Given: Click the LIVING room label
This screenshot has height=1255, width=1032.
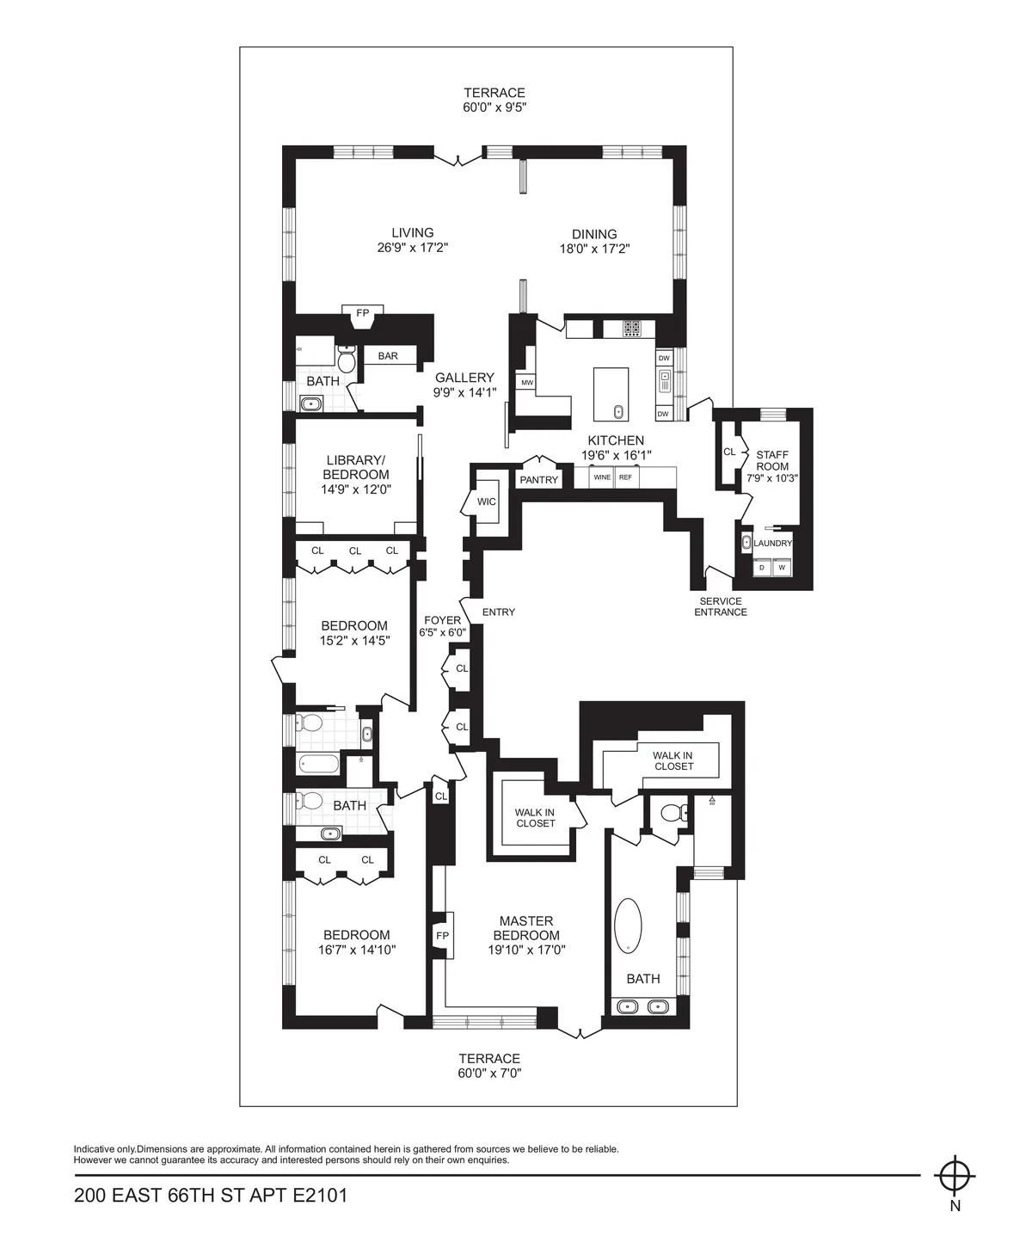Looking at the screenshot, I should pyautogui.click(x=413, y=232).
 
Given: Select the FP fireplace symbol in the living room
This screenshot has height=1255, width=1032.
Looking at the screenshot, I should pyautogui.click(x=363, y=314).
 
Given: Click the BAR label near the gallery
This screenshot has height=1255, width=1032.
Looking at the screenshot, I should pyautogui.click(x=388, y=356).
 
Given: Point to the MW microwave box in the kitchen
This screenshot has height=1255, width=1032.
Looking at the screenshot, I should pyautogui.click(x=526, y=383).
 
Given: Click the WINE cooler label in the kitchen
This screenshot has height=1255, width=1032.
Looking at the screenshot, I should pyautogui.click(x=602, y=477).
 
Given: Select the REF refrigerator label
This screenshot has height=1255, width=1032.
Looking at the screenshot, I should pyautogui.click(x=625, y=477).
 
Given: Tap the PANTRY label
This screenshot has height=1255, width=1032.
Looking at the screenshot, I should pyautogui.click(x=539, y=480).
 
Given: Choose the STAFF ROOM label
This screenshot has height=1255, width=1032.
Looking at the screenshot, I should pyautogui.click(x=772, y=460).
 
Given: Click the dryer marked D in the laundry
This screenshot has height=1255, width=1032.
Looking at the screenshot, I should pyautogui.click(x=761, y=568).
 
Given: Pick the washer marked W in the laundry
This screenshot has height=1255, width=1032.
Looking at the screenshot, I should pyautogui.click(x=782, y=568).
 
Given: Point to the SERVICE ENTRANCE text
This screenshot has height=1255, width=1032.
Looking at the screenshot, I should pyautogui.click(x=721, y=607).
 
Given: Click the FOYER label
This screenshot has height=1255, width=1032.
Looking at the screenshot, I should pyautogui.click(x=442, y=620).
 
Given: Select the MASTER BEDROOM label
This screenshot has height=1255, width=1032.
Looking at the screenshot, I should pyautogui.click(x=527, y=928).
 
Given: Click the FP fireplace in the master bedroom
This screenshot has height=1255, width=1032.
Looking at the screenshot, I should pyautogui.click(x=443, y=936).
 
